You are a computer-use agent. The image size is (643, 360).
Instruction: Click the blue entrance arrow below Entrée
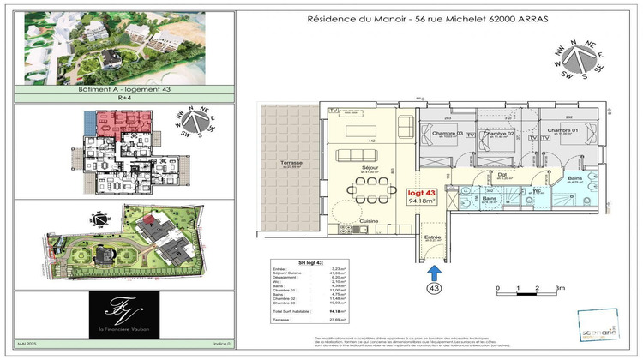point(434,272)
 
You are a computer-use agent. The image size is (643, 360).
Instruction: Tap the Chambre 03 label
point(448,134)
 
